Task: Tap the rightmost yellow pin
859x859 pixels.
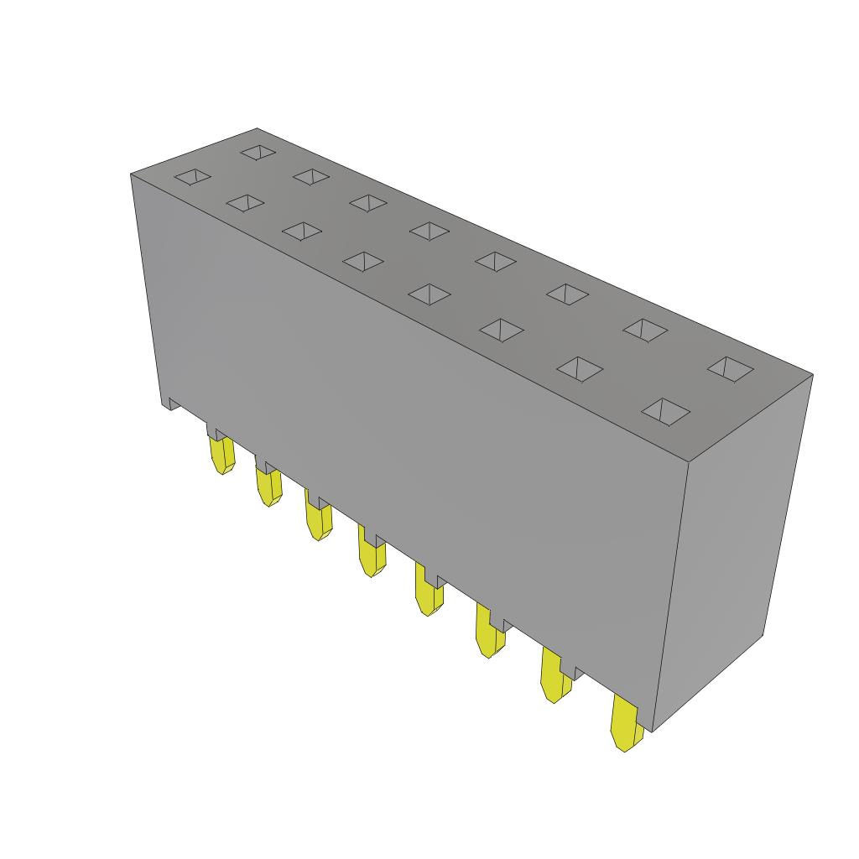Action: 626,725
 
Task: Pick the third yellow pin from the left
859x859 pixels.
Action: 319,520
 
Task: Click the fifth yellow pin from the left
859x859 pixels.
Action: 429,596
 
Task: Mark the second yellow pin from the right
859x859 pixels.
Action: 554,679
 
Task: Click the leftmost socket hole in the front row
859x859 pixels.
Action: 193,177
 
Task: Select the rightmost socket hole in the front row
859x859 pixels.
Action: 666,411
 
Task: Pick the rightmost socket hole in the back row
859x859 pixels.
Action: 729,368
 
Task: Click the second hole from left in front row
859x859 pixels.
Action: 245,202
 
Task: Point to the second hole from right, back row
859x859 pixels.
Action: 644,330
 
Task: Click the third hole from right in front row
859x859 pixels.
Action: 501,329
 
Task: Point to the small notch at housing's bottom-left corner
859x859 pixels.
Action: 170,404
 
